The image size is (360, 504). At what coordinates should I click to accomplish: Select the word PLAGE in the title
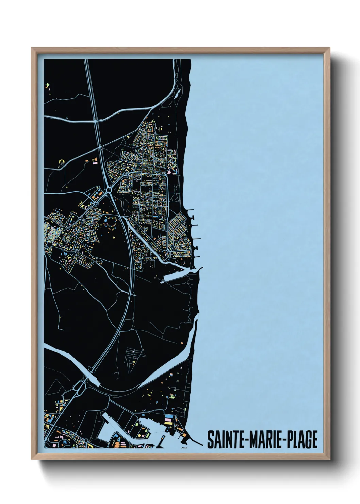(x=301, y=440)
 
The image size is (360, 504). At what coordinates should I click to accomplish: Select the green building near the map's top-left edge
(x=48, y=84)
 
